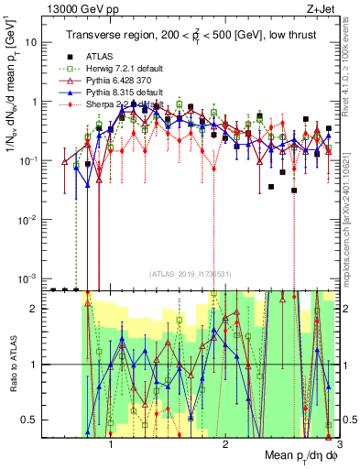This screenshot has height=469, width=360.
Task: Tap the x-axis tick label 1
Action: pos(111,445)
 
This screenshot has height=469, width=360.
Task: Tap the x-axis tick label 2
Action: pos(225,445)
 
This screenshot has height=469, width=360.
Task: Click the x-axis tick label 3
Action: pos(338,445)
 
